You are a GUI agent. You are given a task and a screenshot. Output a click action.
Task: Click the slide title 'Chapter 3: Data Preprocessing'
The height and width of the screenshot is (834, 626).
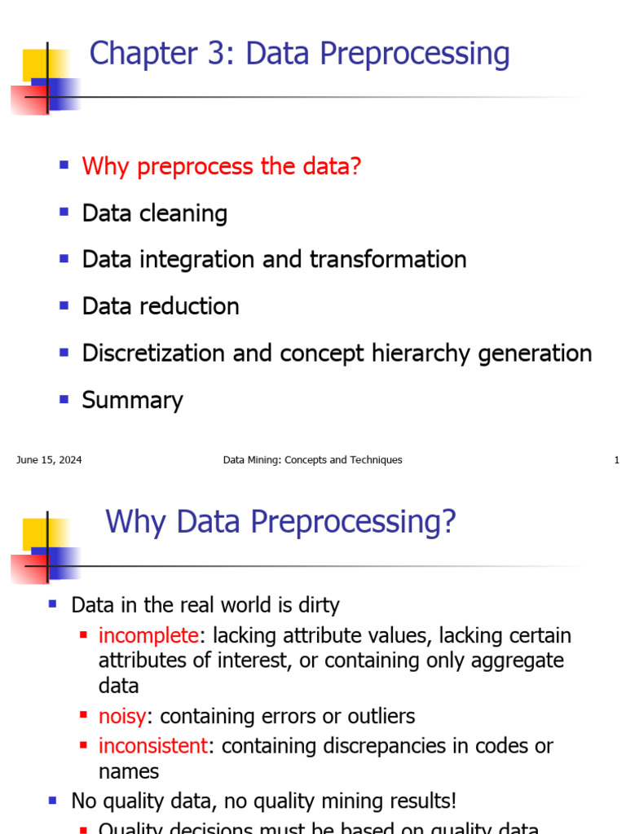coord(299,55)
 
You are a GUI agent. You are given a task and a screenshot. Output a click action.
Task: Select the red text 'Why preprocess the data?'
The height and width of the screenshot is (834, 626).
coord(221,167)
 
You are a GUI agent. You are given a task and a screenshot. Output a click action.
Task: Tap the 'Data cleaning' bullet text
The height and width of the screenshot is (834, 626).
coord(154,213)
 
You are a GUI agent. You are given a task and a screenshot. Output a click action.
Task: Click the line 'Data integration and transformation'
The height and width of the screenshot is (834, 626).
coord(274,260)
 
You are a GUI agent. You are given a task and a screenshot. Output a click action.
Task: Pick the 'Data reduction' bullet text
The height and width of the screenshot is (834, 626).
coord(161,306)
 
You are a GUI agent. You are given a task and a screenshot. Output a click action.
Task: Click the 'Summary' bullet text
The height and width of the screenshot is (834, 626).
coord(132,400)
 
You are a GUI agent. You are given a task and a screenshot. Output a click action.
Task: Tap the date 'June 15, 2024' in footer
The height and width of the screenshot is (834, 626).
coord(49,460)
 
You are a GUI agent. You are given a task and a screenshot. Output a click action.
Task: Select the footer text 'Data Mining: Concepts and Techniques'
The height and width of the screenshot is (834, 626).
coord(312,460)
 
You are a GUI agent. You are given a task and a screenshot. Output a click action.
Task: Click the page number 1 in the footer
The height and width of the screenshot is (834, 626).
coord(616,460)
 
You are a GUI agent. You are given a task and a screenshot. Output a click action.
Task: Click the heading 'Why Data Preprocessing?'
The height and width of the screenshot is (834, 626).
coord(280,522)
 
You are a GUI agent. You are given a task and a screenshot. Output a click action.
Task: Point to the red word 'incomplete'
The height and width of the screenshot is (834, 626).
coord(148,635)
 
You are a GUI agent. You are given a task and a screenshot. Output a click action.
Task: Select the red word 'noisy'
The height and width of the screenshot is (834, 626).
coord(122,717)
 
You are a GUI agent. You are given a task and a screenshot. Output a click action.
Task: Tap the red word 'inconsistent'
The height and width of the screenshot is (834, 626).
coord(153,746)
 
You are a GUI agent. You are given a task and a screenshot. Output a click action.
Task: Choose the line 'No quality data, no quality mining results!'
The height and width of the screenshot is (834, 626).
coord(263,801)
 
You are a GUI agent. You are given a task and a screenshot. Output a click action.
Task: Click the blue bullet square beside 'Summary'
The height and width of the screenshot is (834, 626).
coord(64,398)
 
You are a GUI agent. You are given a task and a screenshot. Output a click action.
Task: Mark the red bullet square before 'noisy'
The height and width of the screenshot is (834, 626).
coord(83,716)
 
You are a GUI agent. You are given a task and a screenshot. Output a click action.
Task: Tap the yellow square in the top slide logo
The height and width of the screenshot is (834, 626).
coord(35,64)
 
